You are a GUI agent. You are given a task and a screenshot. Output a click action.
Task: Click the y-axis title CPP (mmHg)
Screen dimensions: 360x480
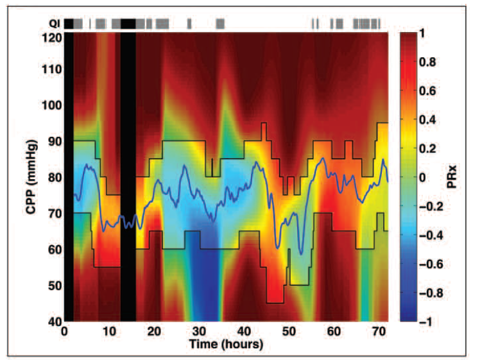31,176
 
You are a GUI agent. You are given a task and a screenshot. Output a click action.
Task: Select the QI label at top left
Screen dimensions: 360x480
55,24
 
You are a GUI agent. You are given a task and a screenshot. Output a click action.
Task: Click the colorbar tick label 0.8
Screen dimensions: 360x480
431,62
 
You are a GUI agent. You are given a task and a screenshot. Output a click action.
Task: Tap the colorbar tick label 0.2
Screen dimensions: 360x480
431,148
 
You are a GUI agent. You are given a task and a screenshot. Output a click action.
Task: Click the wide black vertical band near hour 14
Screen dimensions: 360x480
128,176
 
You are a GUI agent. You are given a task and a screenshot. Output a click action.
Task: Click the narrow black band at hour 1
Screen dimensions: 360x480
68,176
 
